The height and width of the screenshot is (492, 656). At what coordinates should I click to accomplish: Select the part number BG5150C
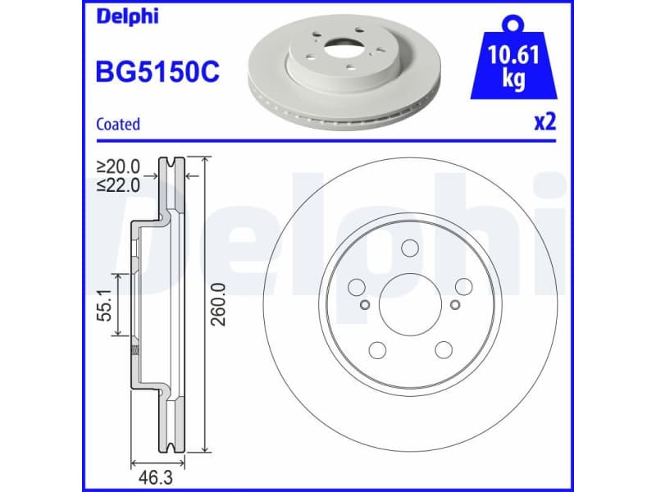(157, 72)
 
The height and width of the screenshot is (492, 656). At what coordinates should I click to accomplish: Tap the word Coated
(118, 125)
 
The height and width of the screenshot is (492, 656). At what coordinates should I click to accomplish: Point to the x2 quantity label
(545, 123)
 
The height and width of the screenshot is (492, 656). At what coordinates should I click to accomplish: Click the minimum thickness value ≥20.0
(119, 166)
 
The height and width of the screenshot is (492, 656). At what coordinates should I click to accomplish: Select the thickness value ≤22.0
(119, 184)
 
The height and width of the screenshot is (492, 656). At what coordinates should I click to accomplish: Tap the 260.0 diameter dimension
(218, 303)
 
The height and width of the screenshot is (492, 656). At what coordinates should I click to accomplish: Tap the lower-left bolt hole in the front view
(377, 350)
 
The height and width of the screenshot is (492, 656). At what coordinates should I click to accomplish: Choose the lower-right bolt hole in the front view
(443, 350)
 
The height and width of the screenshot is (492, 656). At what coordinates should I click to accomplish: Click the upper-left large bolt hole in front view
(357, 286)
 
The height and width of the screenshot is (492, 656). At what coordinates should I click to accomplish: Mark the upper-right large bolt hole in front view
(463, 286)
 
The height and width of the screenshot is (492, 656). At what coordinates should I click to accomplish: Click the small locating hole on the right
(454, 305)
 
